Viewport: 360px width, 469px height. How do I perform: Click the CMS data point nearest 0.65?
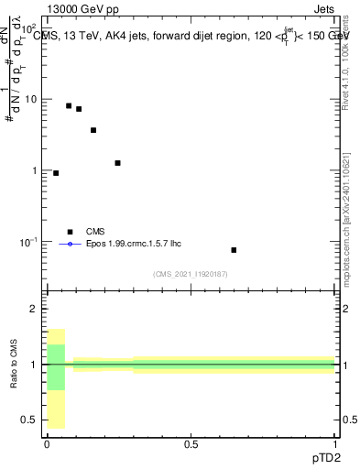click(234, 250)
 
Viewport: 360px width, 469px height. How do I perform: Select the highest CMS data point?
click(69, 106)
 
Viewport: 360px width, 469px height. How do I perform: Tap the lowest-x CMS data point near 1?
click(56, 173)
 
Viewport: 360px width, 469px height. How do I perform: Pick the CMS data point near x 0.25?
click(118, 163)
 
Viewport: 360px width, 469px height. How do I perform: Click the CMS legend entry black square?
click(69, 232)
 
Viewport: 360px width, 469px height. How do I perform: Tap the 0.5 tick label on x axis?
click(191, 445)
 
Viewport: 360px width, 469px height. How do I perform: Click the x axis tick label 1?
click(334, 445)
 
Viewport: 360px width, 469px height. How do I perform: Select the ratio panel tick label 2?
click(34, 310)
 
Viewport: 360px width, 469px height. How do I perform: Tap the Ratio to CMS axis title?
click(14, 365)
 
